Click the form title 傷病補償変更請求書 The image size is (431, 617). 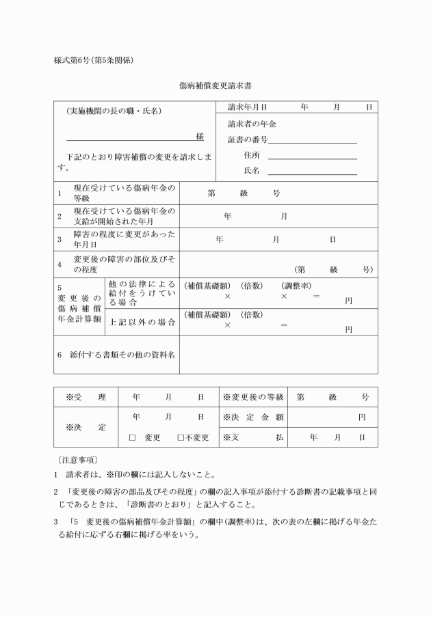click(x=215, y=87)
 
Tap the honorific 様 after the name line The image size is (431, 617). click(x=200, y=137)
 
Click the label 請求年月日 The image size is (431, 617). click(x=247, y=107)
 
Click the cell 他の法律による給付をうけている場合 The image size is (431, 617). click(x=142, y=292)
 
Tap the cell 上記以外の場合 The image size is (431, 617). click(x=142, y=324)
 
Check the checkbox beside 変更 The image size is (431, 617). click(x=133, y=437)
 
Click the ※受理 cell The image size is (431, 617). click(x=86, y=397)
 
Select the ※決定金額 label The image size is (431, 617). click(x=253, y=417)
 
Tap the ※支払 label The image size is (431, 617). click(x=253, y=437)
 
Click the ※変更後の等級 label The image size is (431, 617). click(x=253, y=397)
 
